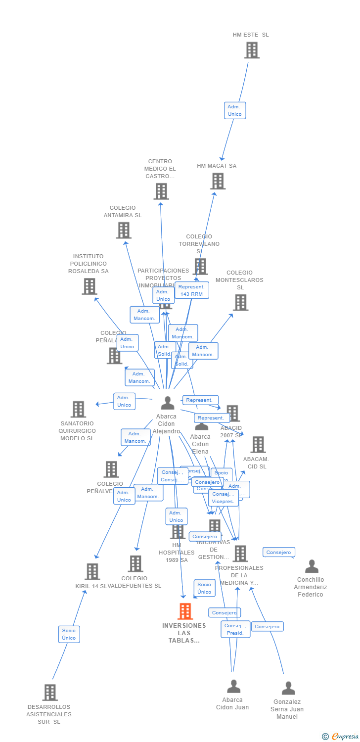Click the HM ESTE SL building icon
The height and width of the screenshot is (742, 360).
(252, 50)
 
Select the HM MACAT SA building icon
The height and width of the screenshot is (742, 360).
(218, 181)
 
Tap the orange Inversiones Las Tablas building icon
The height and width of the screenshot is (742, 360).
(185, 611)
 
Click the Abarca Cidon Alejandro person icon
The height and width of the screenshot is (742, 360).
(168, 403)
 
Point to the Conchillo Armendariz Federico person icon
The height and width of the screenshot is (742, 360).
(312, 566)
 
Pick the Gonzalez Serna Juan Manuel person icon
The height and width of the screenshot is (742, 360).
(288, 688)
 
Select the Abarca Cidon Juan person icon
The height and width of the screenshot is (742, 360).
(233, 686)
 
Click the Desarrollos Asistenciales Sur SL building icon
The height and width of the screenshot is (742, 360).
(50, 693)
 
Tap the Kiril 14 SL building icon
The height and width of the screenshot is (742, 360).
(92, 571)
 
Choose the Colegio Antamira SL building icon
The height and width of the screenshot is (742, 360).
(124, 230)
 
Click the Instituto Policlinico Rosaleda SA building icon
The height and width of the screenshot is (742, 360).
(90, 286)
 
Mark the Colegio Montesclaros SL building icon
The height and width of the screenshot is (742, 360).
(240, 302)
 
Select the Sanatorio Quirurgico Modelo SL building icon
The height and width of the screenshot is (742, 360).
(78, 409)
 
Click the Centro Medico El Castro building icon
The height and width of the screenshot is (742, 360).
(161, 191)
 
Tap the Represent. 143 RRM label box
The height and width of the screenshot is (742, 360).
(192, 290)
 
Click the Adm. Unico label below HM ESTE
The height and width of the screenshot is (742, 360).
(234, 110)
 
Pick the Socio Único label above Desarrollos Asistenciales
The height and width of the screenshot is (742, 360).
(69, 634)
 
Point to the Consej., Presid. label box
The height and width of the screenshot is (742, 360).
(235, 629)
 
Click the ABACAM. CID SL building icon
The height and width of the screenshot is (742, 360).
(258, 445)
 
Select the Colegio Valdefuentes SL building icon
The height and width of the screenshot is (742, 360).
(135, 563)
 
